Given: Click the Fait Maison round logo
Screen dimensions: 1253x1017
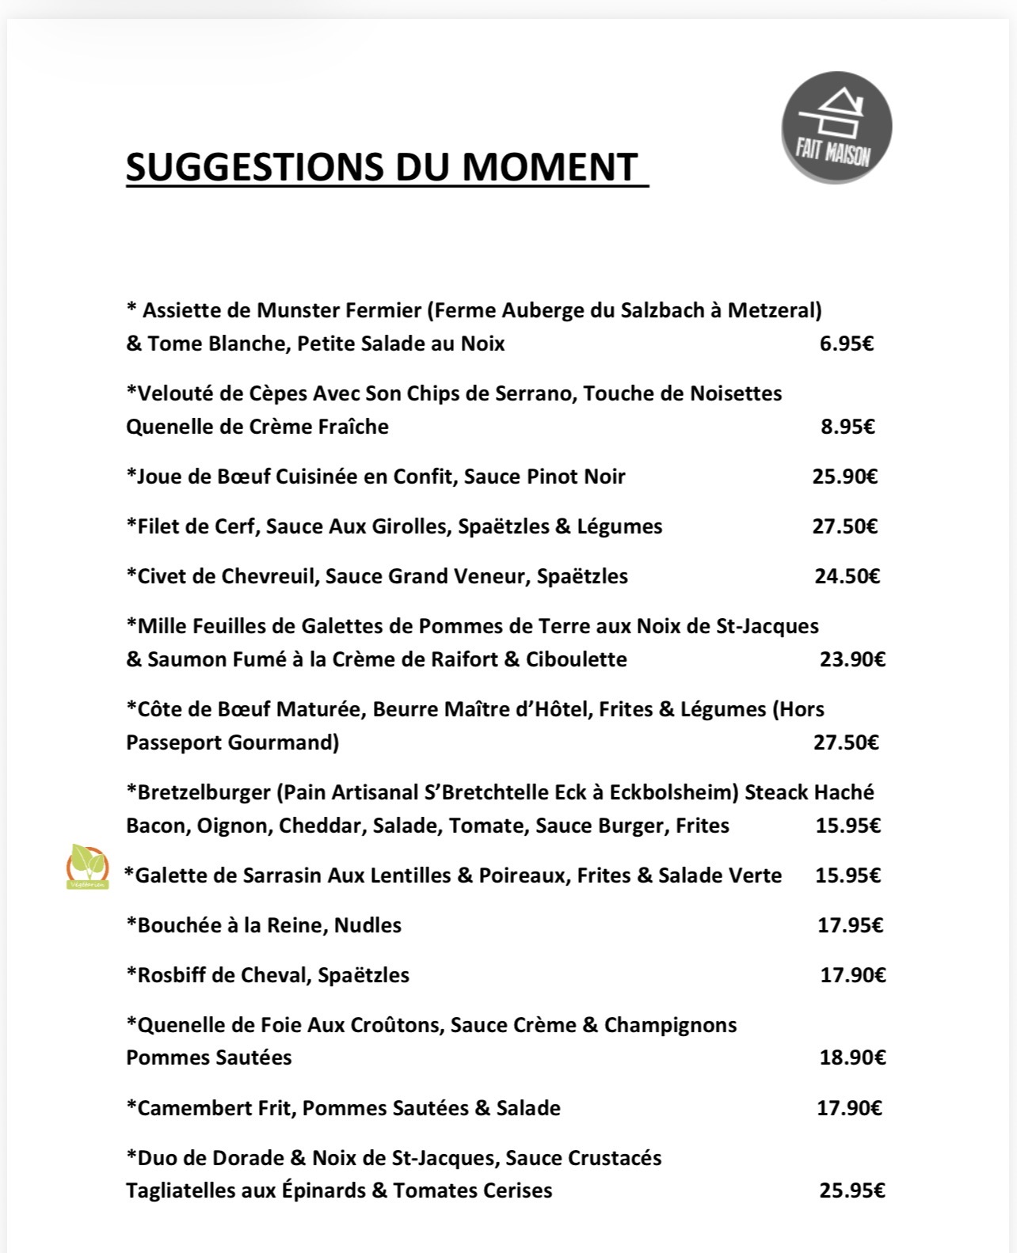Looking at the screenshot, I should pyautogui.click(x=836, y=127).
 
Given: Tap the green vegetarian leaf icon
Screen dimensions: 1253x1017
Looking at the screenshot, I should pyautogui.click(x=86, y=867).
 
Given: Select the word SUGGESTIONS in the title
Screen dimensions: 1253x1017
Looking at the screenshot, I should pyautogui.click(x=253, y=167).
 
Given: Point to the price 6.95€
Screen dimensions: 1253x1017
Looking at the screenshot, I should pyautogui.click(x=846, y=344).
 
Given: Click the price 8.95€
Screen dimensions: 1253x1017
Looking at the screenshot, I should pyautogui.click(x=847, y=427).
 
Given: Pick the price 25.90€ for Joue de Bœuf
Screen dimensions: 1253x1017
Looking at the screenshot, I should pyautogui.click(x=844, y=477).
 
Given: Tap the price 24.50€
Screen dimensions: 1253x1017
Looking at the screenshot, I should pyautogui.click(x=847, y=576).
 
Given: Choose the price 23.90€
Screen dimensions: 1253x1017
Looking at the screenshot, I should pyautogui.click(x=851, y=659).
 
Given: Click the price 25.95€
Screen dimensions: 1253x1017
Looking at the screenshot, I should pyautogui.click(x=851, y=1190).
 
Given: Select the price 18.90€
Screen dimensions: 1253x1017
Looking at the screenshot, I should pyautogui.click(x=851, y=1057).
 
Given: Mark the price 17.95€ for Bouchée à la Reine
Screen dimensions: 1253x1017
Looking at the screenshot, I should pyautogui.click(x=850, y=925).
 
